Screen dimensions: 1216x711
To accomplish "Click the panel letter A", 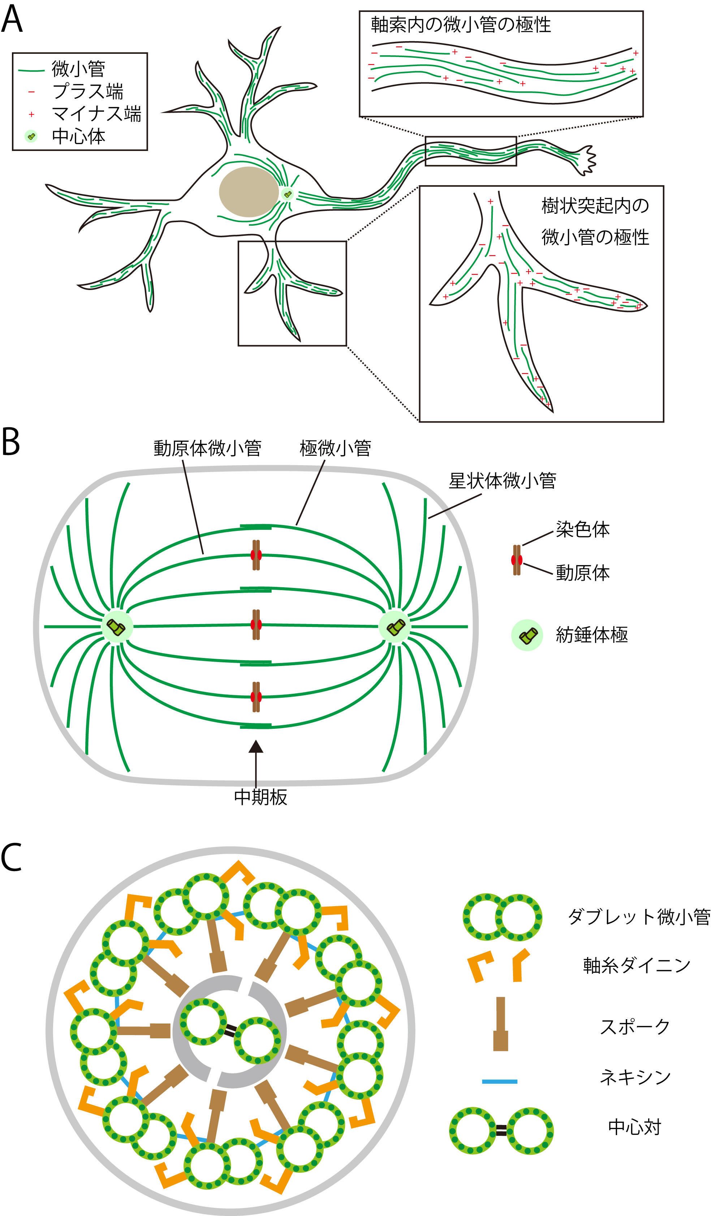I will tap(12, 19).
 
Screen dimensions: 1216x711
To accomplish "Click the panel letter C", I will tap(12, 857).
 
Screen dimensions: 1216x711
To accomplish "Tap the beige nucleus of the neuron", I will tap(248, 191).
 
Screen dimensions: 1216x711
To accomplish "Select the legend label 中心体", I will tap(78, 137).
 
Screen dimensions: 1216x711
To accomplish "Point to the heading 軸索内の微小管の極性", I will tap(461, 25).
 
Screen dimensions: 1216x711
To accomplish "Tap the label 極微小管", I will tap(335, 448).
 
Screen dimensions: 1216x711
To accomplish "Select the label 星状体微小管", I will tap(502, 481).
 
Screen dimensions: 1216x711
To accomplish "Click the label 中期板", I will tap(260, 797).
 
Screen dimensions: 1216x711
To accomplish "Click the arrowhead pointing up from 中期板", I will tap(256, 747).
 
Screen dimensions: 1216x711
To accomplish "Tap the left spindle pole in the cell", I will tap(116, 627).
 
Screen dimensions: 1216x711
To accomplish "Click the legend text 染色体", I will tap(582, 530).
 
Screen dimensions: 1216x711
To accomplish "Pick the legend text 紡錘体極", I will tap(591, 635).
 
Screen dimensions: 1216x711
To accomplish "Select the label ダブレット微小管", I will tap(638, 917).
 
